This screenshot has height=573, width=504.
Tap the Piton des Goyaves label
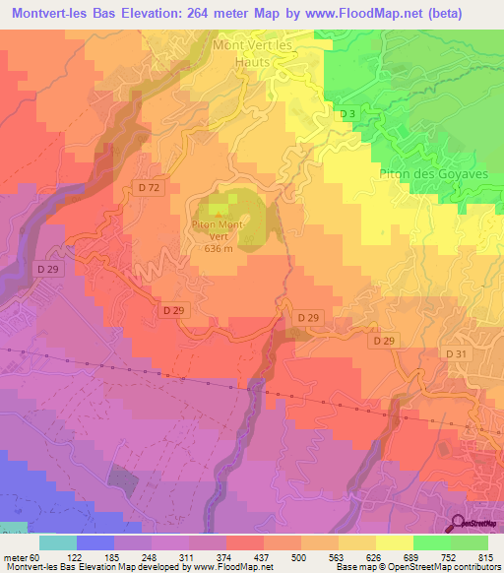click(420, 174)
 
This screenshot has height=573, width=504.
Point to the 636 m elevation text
click(219, 249)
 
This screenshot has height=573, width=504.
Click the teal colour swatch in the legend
click(58, 542)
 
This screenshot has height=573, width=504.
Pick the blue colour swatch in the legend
click(95, 542)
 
